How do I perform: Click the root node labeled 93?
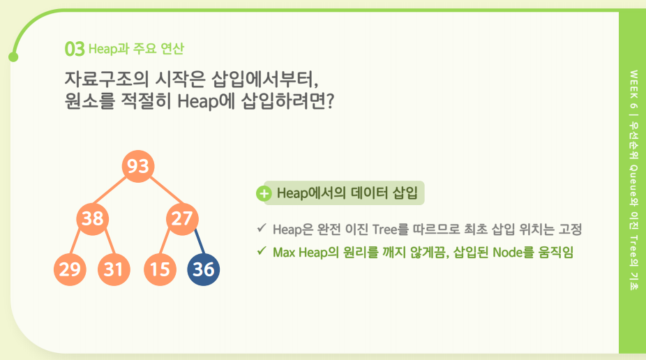[138, 167]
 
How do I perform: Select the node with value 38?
[92, 218]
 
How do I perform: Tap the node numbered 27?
[182, 218]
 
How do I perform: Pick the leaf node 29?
[70, 270]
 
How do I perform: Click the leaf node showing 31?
[114, 270]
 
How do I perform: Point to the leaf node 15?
[160, 270]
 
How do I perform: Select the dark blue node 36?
[204, 270]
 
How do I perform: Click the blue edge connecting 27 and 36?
[200, 241]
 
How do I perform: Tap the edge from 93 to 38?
[110, 190]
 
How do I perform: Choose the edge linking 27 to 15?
[165, 241]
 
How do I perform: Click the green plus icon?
[264, 193]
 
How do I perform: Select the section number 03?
[75, 49]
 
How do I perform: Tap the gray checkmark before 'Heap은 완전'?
[261, 227]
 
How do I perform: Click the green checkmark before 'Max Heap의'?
[261, 250]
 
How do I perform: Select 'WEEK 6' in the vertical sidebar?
[633, 89]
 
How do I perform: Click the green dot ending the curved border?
[13, 57]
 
